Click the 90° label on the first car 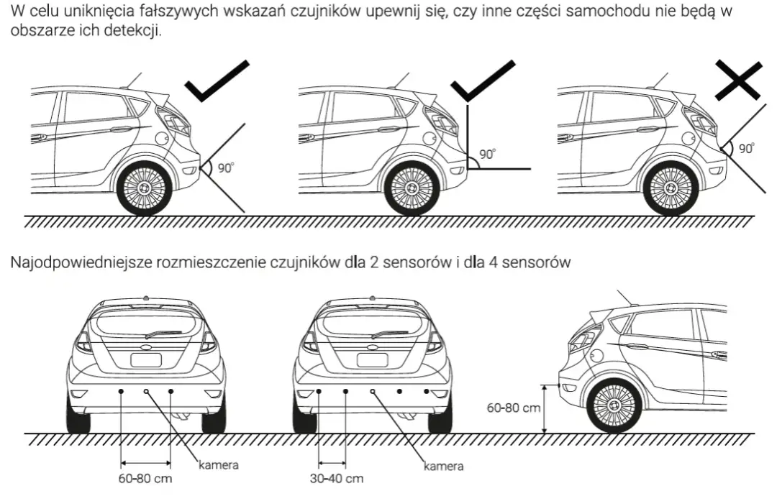[226, 167]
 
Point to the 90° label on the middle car [488, 154]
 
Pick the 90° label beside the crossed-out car [746, 149]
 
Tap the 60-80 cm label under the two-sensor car [144, 478]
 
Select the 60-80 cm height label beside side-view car [513, 408]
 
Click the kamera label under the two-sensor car [218, 465]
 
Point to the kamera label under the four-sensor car [443, 467]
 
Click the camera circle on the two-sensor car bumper [146, 390]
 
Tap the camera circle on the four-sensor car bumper [373, 390]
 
